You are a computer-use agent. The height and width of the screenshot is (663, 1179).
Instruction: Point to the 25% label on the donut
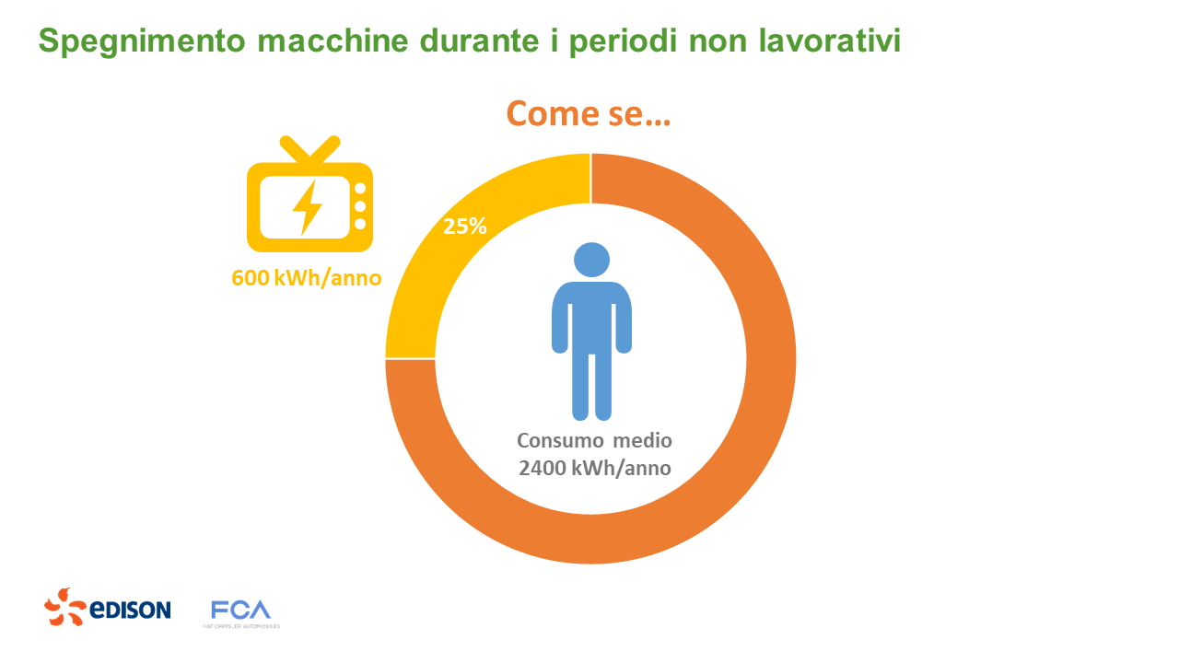click(465, 226)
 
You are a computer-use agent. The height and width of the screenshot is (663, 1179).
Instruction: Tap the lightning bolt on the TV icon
click(307, 206)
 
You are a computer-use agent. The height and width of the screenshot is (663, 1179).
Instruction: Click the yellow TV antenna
click(309, 148)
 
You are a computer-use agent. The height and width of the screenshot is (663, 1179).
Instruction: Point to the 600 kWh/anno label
click(307, 277)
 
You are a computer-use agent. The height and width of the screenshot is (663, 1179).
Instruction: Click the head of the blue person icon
click(591, 259)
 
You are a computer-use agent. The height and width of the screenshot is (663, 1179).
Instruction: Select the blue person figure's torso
click(591, 318)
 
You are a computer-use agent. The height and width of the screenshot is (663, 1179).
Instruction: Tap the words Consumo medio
click(594, 440)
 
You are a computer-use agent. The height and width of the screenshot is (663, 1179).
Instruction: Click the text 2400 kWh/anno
click(594, 468)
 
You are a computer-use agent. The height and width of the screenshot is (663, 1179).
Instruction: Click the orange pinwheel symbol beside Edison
click(65, 608)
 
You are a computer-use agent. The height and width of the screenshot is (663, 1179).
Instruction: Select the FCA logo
click(240, 611)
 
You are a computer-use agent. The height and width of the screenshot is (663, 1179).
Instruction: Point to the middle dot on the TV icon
click(360, 206)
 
